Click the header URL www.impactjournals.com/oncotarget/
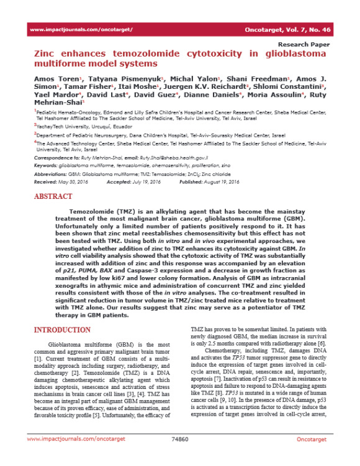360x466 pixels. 81,30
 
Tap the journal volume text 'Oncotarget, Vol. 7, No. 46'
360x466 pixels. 292,30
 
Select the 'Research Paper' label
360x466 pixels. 304,45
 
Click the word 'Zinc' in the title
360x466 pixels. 47,55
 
